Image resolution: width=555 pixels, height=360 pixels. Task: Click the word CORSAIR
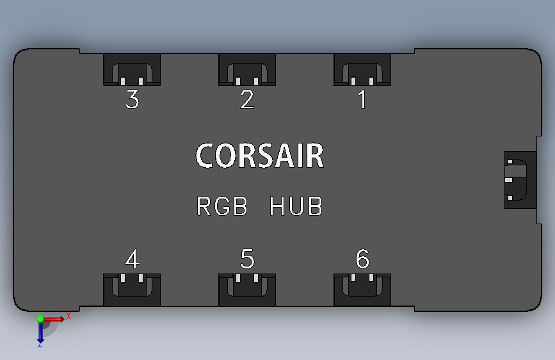259,156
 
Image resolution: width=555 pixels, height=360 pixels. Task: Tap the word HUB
296,207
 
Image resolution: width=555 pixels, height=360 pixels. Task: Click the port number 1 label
362,100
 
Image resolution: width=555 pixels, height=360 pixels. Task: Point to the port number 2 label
247,100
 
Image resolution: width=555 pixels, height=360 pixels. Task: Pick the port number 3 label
132,100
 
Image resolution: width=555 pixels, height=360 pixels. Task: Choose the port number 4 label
132,260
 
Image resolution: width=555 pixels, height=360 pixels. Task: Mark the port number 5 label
247,260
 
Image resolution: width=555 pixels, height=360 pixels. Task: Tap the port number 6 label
362,260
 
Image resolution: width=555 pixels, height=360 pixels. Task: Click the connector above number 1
362,70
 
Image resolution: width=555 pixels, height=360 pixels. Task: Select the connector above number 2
247,70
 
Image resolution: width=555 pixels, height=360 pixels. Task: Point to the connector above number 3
132,70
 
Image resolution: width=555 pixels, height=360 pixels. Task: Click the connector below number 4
132,290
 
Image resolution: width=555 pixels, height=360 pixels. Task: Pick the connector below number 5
247,290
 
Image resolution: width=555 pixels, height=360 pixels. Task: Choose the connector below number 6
362,290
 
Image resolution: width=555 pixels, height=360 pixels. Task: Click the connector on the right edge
519,180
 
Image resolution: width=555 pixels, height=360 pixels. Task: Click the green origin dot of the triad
40,318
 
